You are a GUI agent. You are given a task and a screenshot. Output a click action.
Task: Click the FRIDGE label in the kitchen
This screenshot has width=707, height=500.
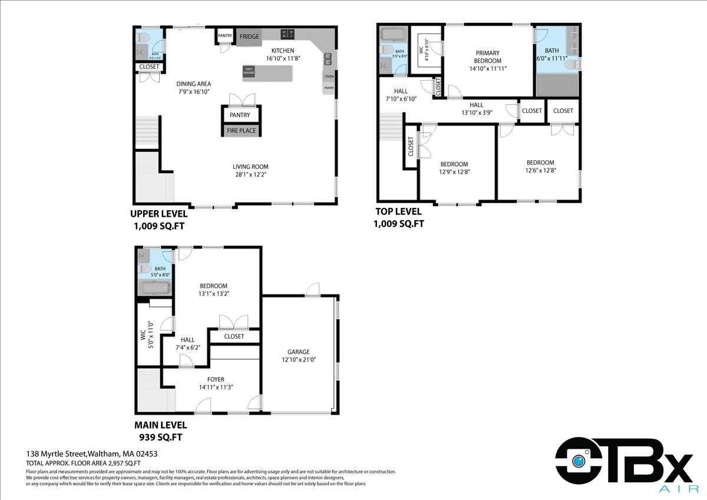(x=249, y=37)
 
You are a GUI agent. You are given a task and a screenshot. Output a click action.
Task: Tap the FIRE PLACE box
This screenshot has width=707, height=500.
(x=241, y=131)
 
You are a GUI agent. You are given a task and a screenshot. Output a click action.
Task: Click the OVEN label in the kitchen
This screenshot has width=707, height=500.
(x=329, y=76)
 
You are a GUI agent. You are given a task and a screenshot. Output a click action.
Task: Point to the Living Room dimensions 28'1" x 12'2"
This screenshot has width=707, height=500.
(x=250, y=174)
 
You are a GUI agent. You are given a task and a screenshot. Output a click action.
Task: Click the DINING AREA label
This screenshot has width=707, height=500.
(x=194, y=84)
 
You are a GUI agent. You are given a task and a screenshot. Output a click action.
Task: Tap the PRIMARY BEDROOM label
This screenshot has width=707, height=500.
(x=488, y=57)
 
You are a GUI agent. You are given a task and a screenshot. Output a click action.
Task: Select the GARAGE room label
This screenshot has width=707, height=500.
(x=299, y=352)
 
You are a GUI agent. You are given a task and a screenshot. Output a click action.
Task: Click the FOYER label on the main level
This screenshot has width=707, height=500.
(x=216, y=379)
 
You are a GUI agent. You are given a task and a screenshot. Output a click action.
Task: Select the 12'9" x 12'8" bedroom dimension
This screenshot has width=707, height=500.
(x=455, y=172)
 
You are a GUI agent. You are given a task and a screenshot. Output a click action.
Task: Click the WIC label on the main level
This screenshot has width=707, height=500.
(x=143, y=336)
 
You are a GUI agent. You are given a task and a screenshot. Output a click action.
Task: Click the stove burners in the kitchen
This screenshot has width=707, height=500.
(x=288, y=34)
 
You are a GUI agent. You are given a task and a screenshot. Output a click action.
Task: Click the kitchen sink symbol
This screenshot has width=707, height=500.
(x=327, y=58)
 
